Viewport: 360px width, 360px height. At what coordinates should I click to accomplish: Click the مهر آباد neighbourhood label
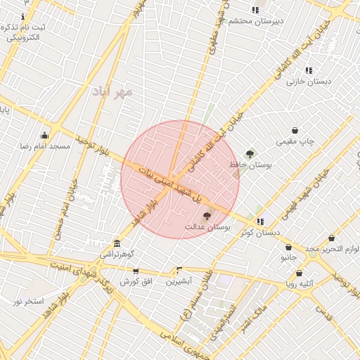117,91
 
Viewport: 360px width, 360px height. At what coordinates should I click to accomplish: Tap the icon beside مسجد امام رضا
45,135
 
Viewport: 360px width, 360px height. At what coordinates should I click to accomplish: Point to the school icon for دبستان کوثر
260,221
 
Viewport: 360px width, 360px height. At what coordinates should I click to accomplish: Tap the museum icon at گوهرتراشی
117,243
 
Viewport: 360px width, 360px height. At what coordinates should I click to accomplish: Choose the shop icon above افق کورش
136,271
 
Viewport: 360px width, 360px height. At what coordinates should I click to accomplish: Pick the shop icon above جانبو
289,247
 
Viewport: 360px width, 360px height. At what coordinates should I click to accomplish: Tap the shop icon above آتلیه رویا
299,273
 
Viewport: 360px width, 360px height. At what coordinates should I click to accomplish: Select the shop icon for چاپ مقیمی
295,130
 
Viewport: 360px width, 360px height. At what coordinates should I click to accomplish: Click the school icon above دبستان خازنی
309,70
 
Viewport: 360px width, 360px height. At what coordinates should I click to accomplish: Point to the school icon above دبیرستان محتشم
255,10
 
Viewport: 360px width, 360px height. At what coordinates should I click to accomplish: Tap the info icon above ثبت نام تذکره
23,15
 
